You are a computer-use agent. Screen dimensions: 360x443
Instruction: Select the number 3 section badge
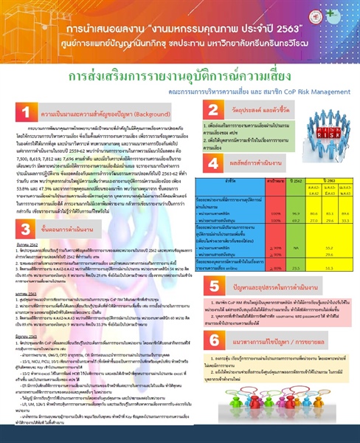tap(25, 202)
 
